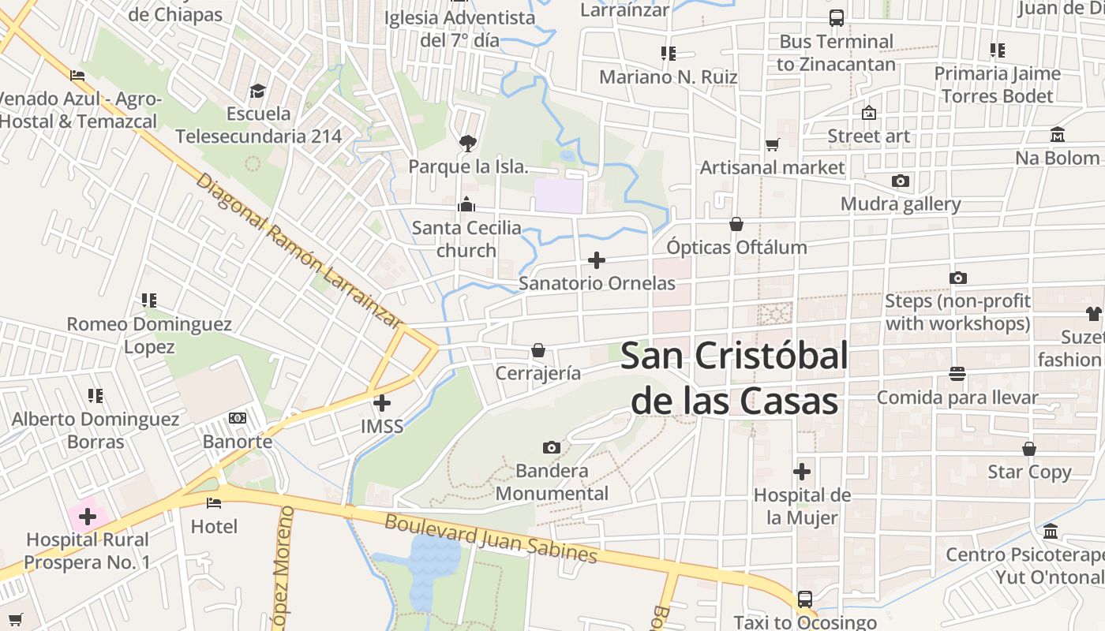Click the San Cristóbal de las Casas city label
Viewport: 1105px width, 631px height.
(x=734, y=379)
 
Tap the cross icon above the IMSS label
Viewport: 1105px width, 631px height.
(x=382, y=403)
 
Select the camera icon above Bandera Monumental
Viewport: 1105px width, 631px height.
(x=552, y=448)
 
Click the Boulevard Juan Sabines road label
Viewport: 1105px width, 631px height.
(x=490, y=539)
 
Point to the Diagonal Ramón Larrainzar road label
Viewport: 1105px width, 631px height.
(x=298, y=250)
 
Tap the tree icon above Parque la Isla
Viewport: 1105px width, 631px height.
(x=467, y=143)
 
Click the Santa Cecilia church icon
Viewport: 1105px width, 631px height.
(x=466, y=205)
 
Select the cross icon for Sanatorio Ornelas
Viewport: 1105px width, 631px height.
(x=597, y=259)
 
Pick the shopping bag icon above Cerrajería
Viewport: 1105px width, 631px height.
(x=538, y=349)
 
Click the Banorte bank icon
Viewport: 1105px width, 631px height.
(x=238, y=418)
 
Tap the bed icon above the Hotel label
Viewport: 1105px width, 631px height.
(x=214, y=502)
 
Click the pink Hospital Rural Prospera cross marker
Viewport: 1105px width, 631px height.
(x=88, y=517)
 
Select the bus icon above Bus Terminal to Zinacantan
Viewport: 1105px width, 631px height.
(x=836, y=17)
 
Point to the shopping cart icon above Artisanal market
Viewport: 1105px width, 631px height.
(x=772, y=144)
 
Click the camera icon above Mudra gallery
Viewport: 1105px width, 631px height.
(x=900, y=181)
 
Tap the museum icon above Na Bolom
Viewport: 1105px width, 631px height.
(x=1058, y=135)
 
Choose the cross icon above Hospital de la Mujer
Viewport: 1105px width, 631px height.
(x=802, y=472)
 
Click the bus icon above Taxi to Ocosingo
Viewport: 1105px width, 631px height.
(x=804, y=599)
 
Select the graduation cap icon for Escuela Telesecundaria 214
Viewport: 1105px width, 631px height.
(x=258, y=91)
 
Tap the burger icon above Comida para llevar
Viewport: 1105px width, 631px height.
(x=957, y=373)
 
